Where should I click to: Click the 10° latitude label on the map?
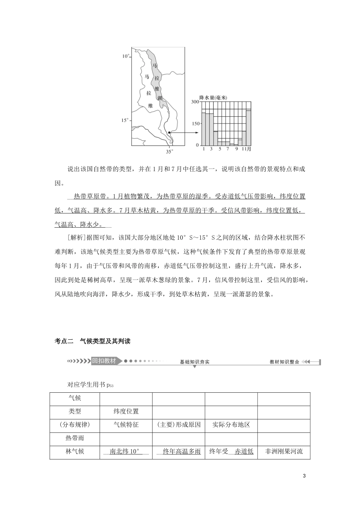pos(125,56)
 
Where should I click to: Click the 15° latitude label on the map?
pos(125,120)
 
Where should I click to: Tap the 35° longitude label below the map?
pos(169,151)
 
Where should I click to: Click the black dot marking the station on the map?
pos(169,133)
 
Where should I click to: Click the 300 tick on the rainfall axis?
pos(195,102)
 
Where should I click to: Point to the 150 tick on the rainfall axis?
pos(195,123)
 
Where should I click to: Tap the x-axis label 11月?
pos(246,149)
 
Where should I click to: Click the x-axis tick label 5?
pos(220,149)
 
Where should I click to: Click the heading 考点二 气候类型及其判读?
pos(92,341)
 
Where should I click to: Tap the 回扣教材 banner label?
pos(104,361)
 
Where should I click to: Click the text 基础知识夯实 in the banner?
pos(194,362)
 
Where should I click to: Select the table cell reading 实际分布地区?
pos(231,425)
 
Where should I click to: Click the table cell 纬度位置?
pos(126,411)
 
